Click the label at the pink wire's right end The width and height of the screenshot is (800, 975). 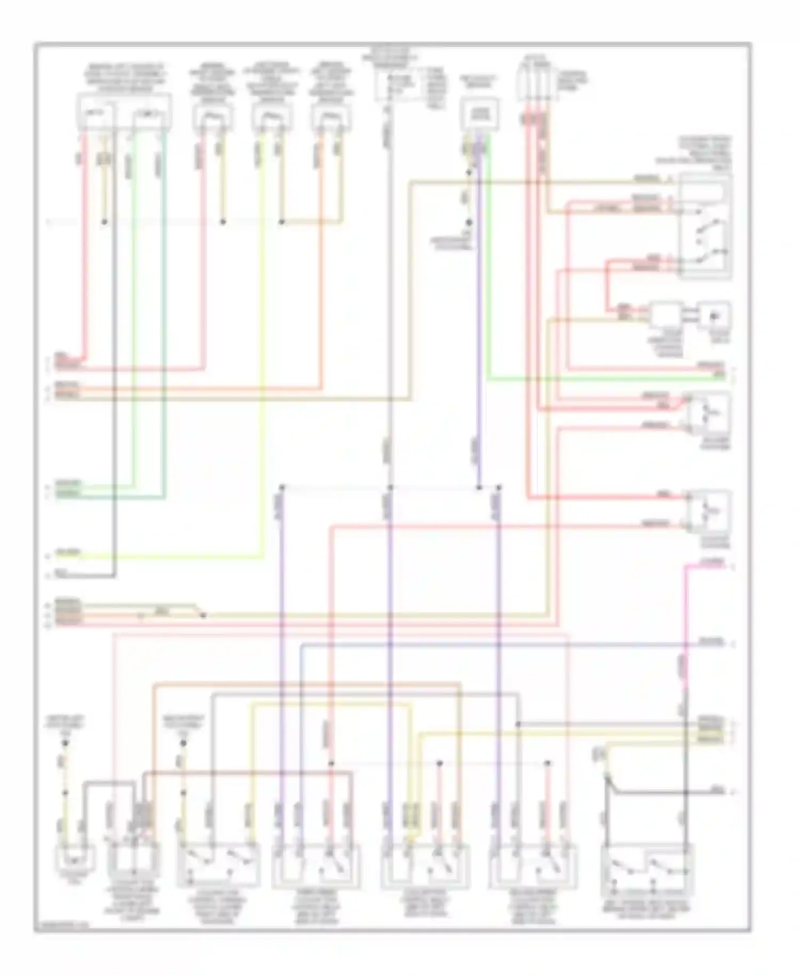click(712, 562)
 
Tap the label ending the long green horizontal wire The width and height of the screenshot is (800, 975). click(719, 377)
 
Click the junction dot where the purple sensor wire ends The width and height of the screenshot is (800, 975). click(479, 488)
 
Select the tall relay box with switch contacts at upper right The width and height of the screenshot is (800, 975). click(705, 225)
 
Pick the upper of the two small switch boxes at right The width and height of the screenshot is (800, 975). click(708, 414)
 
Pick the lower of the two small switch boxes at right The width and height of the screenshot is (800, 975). click(708, 511)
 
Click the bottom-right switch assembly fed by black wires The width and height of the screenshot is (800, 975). click(646, 870)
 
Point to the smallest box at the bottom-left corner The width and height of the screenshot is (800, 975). click(75, 858)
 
